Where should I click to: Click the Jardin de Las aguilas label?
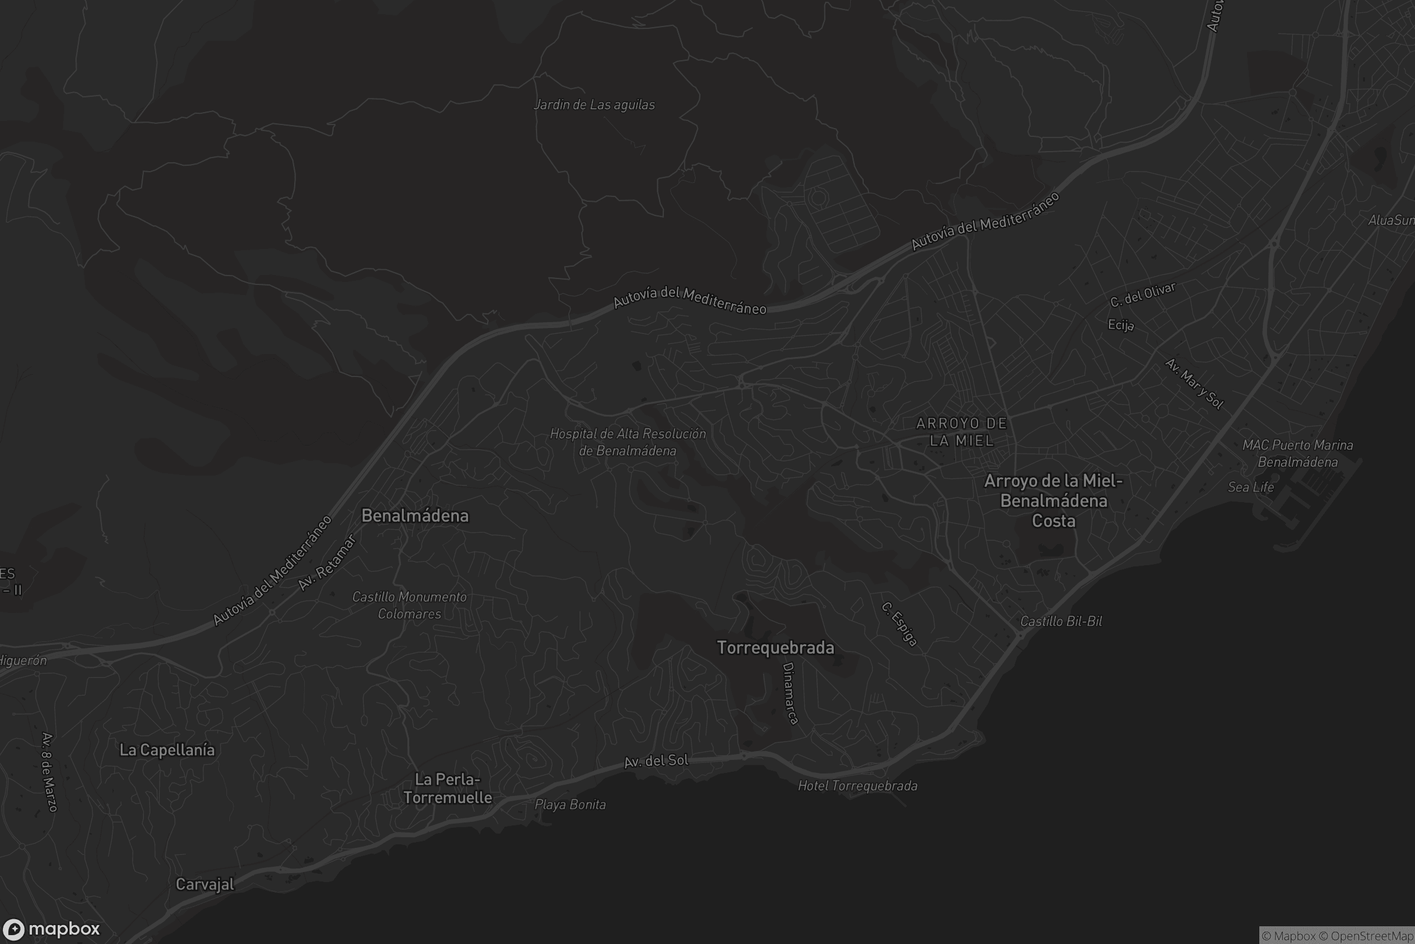click(x=594, y=105)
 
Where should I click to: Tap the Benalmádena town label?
click(x=414, y=515)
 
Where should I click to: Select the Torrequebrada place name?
click(x=775, y=648)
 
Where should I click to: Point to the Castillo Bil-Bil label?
click(x=1061, y=621)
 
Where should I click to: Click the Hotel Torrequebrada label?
click(x=857, y=786)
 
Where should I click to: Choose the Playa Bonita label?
click(x=570, y=804)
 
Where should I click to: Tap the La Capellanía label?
click(x=167, y=749)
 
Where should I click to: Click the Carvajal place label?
click(x=205, y=884)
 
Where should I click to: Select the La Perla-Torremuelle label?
click(x=447, y=788)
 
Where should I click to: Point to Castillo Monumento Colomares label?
click(x=409, y=605)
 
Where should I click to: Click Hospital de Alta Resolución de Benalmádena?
click(x=627, y=442)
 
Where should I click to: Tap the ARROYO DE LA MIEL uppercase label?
click(x=962, y=432)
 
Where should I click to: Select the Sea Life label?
click(x=1250, y=487)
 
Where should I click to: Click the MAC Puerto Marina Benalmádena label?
click(x=1298, y=453)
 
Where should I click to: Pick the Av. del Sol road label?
click(x=656, y=761)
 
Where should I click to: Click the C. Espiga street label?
click(x=900, y=624)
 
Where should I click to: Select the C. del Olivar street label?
click(x=1143, y=294)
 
